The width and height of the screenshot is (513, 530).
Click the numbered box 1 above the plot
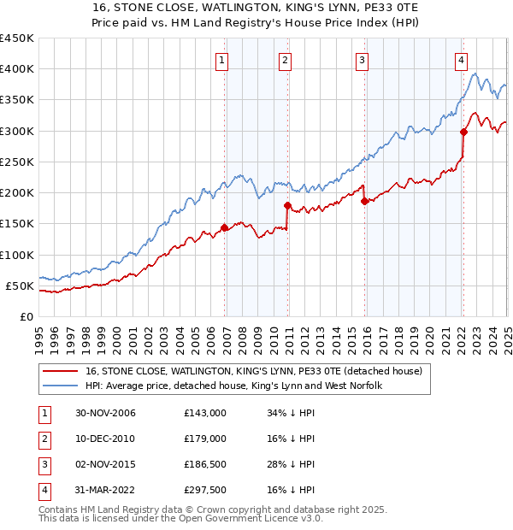pyautogui.click(x=221, y=60)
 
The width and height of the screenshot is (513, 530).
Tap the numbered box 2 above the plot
pyautogui.click(x=285, y=60)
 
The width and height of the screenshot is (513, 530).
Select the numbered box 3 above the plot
pyautogui.click(x=363, y=60)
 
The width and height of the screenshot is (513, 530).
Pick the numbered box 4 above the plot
pyautogui.click(x=461, y=60)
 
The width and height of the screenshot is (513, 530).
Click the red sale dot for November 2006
pyautogui.click(x=225, y=227)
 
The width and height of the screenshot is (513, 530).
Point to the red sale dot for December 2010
pyautogui.click(x=288, y=205)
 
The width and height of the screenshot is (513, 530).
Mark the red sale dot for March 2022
pyautogui.click(x=464, y=132)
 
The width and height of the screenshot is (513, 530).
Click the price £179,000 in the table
pyautogui.click(x=204, y=439)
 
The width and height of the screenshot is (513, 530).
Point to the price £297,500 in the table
pyautogui.click(x=204, y=490)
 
